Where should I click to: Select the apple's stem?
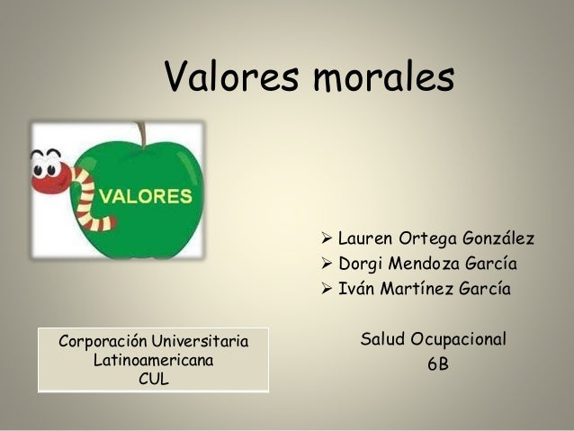pyautogui.click(x=140, y=134)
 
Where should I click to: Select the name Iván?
pyautogui.click(x=356, y=290)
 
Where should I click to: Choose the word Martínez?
pyautogui.click(x=417, y=290)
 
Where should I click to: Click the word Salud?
pyautogui.click(x=382, y=340)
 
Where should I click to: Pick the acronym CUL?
pyautogui.click(x=153, y=379)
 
